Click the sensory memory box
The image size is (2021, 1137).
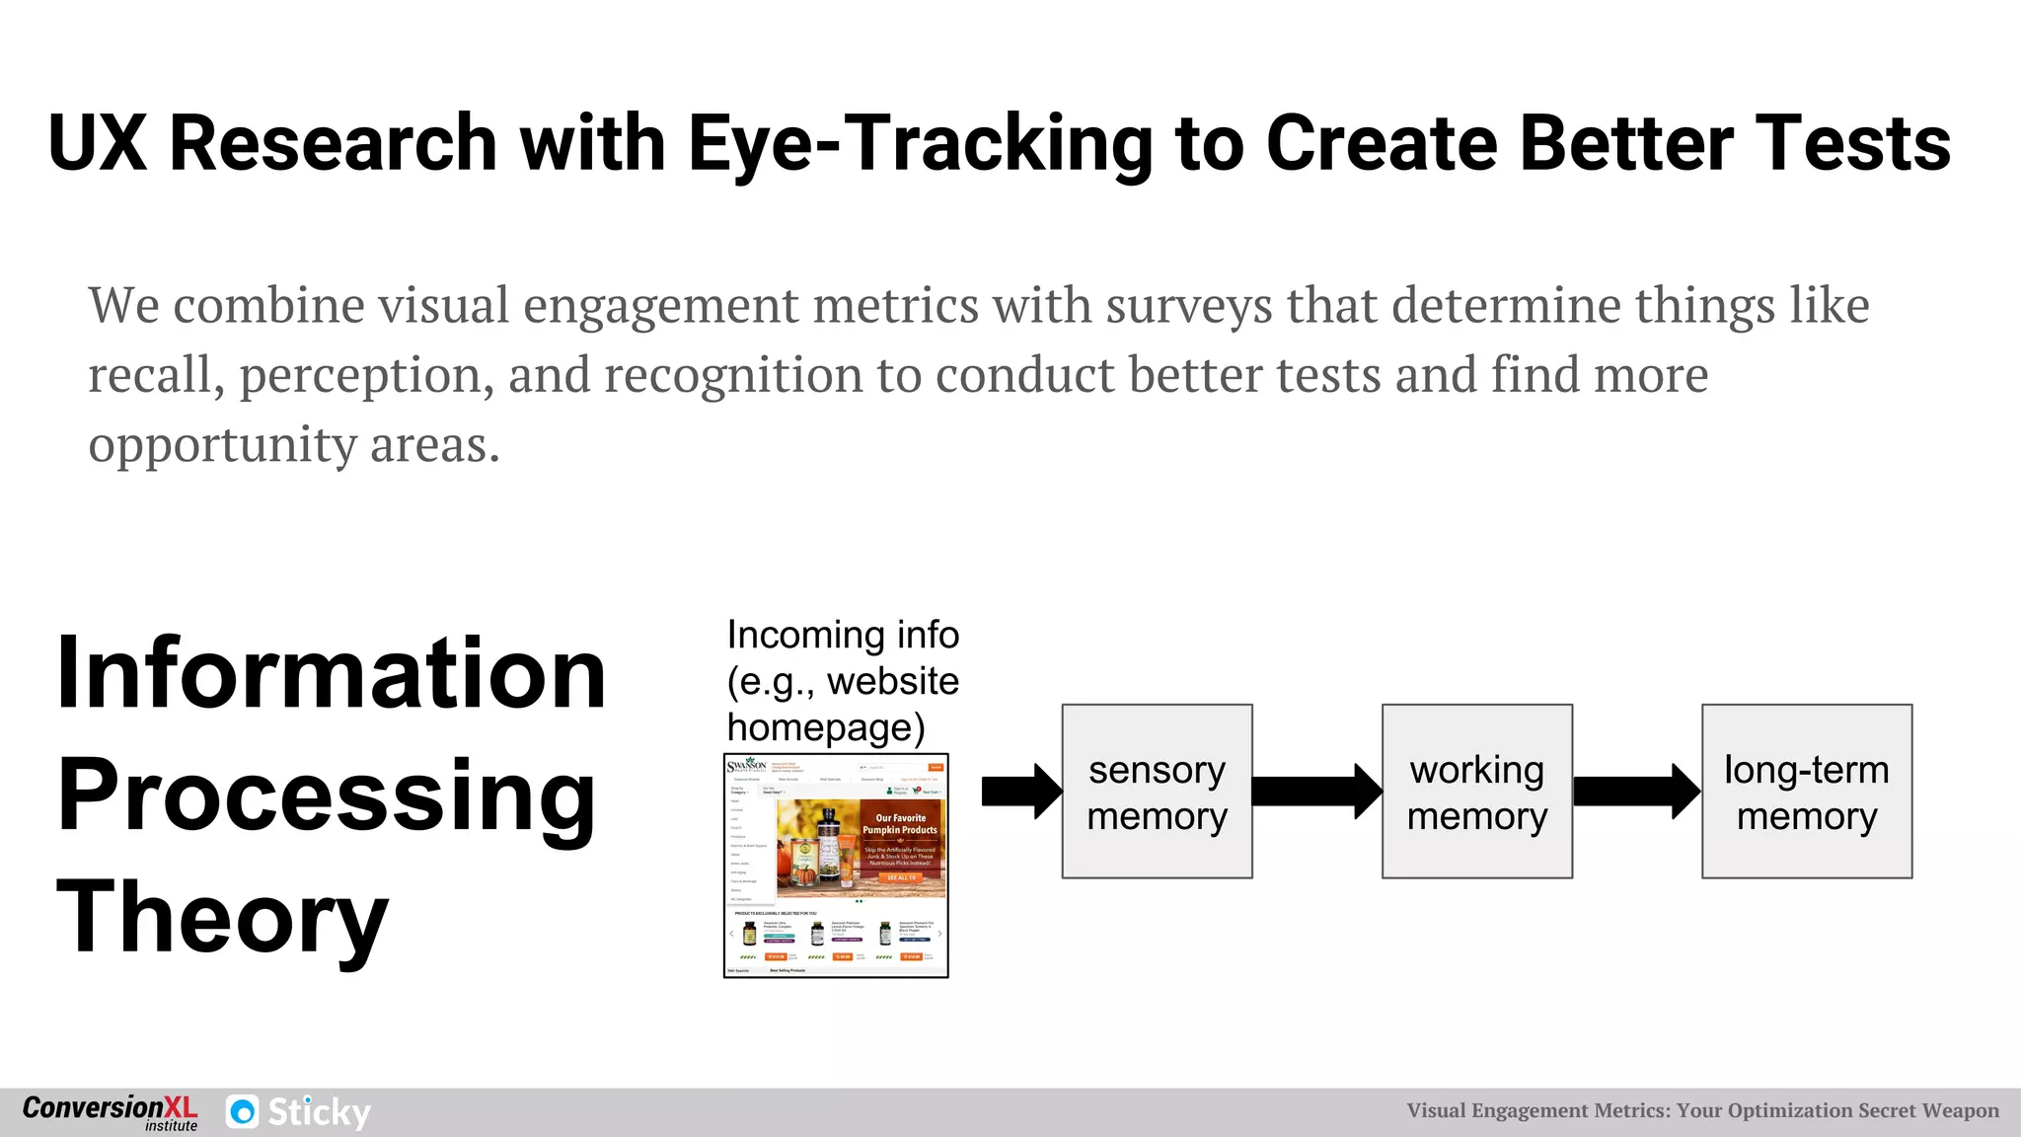(1157, 792)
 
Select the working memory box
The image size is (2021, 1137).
(1476, 792)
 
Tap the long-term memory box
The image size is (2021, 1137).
(1806, 792)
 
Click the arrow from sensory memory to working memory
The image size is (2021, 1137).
(1316, 792)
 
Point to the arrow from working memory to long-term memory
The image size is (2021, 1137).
(1636, 792)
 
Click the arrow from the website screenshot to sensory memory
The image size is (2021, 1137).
(1020, 792)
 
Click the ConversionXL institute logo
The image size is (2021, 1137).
(110, 1112)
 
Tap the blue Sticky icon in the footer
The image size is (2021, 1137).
(242, 1112)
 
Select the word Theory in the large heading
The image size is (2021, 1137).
(222, 918)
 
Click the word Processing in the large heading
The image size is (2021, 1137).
(326, 796)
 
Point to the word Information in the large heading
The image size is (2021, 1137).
(331, 673)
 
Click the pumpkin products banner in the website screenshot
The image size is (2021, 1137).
(861, 847)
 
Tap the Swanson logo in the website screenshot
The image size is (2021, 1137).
(746, 766)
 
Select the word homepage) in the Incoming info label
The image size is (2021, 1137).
(826, 727)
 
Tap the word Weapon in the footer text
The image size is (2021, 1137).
(1961, 1111)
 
